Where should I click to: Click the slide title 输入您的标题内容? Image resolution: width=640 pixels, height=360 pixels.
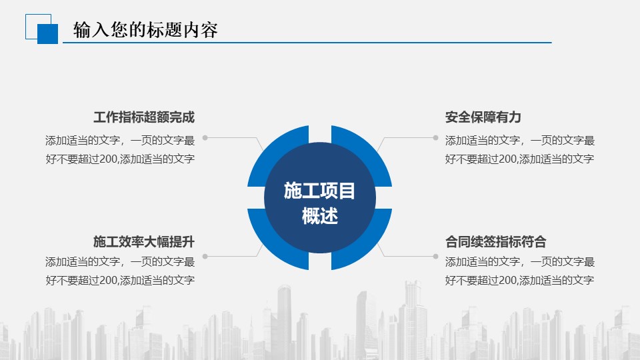tap(145, 30)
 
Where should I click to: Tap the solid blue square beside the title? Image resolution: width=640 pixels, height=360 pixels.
tap(48, 34)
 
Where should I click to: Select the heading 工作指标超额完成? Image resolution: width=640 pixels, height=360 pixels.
tap(144, 117)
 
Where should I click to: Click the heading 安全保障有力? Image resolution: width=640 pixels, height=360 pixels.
tap(483, 117)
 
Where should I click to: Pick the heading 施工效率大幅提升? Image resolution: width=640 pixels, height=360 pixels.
tap(144, 241)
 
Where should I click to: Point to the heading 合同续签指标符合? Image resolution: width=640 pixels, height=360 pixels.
tap(495, 241)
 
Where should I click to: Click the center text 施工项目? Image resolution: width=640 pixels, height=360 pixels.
tap(319, 191)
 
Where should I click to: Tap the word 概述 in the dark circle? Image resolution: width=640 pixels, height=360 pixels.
tap(319, 216)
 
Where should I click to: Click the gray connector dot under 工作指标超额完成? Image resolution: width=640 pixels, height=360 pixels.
tap(205, 138)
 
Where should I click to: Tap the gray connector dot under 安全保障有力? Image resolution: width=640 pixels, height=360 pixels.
tap(435, 138)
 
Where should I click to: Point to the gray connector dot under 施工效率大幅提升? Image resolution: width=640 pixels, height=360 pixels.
tap(205, 256)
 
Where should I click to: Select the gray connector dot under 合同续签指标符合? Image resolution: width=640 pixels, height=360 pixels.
tap(435, 256)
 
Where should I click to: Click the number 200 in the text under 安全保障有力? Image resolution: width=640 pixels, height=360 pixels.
tap(508, 159)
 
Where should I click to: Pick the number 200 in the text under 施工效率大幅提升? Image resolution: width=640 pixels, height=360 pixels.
tap(109, 281)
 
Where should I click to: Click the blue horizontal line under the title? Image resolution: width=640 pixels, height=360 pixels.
tap(307, 43)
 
